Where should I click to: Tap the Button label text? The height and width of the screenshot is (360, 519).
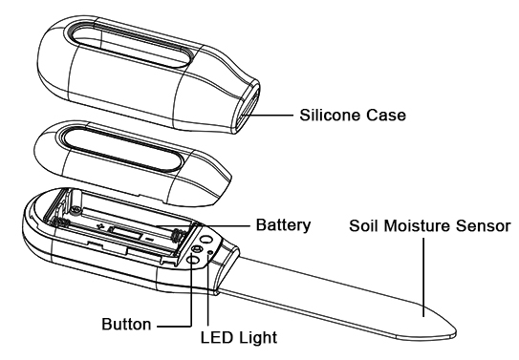tap(127, 323)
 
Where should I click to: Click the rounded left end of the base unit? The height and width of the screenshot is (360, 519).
tap(29, 223)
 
